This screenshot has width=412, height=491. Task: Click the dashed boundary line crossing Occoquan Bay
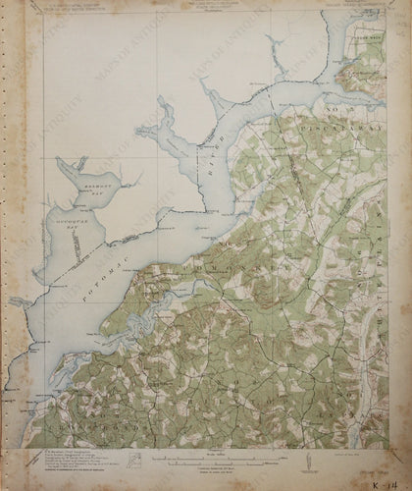tap(88, 245)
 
